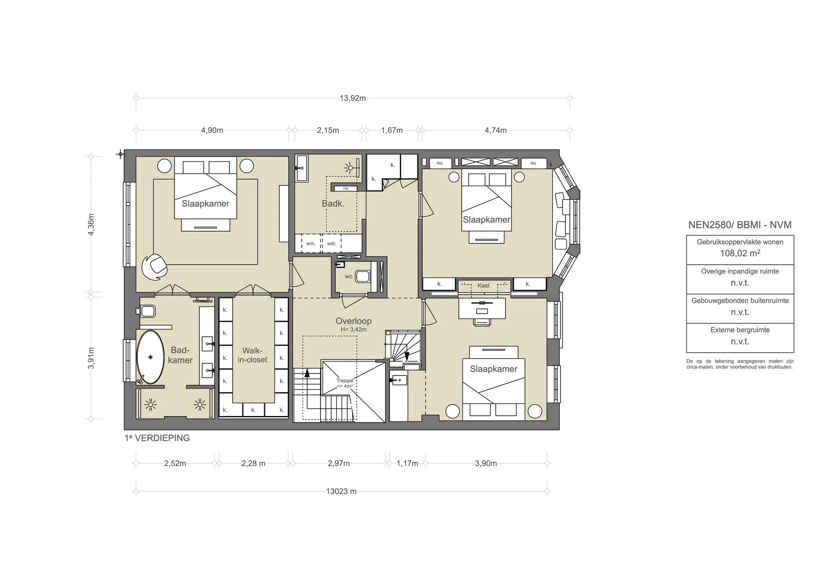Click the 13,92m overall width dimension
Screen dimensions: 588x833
click(x=353, y=98)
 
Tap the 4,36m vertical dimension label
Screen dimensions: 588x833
click(x=91, y=224)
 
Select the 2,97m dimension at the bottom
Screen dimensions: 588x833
click(x=338, y=463)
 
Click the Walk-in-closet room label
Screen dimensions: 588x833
click(x=252, y=355)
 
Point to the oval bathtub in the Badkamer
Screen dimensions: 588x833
click(x=150, y=357)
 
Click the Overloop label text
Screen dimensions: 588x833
click(x=353, y=321)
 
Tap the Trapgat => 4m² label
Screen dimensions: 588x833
click(x=345, y=383)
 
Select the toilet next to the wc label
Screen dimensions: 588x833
click(x=362, y=277)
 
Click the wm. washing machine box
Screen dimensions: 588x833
click(x=311, y=243)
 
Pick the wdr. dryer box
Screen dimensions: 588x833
click(x=331, y=243)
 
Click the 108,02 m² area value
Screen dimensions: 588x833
click(x=740, y=253)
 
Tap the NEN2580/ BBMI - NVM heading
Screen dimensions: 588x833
click(x=740, y=225)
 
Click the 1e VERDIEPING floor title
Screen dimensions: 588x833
click(x=157, y=438)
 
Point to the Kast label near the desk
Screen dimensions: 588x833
click(x=483, y=285)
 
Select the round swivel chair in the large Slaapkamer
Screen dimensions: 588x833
click(x=155, y=267)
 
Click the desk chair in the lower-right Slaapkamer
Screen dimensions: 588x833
click(x=482, y=322)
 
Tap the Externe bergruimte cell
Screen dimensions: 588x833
click(x=740, y=336)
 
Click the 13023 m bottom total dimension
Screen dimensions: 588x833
click(x=341, y=491)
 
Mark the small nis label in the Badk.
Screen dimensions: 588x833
click(x=346, y=188)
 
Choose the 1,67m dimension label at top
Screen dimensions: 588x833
click(x=392, y=130)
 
